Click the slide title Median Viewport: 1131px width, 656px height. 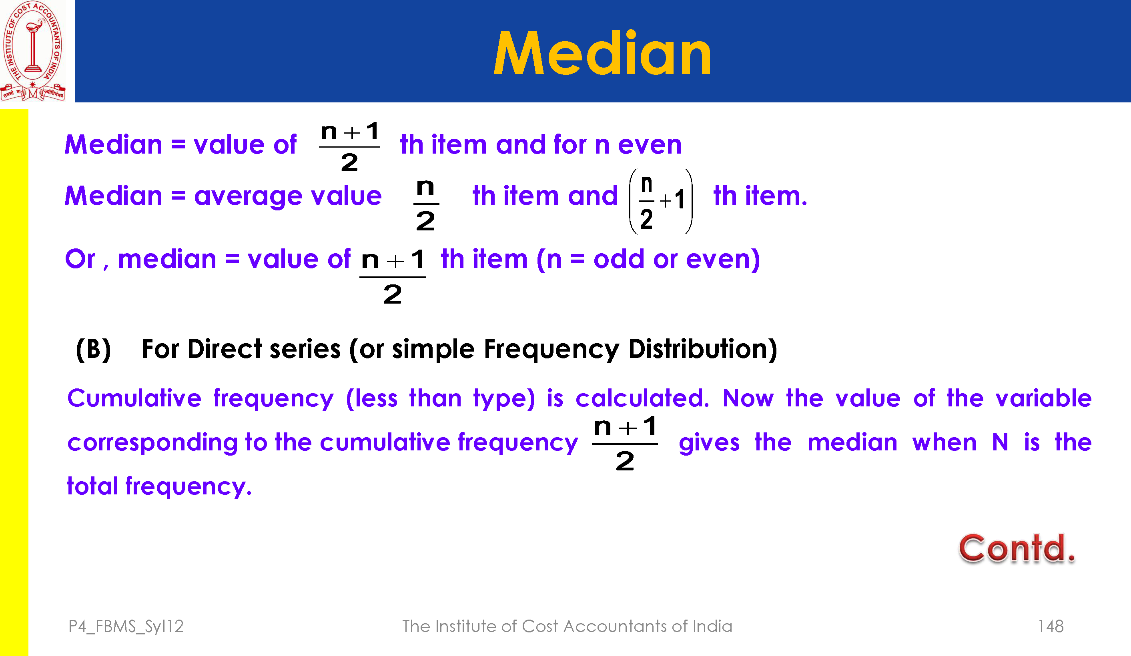[602, 52]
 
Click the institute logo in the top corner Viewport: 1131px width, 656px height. [33, 51]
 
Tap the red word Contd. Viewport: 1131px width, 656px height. [1017, 548]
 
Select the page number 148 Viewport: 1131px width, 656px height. [1051, 626]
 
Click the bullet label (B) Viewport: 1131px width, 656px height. [93, 349]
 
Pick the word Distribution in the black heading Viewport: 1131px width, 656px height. [702, 349]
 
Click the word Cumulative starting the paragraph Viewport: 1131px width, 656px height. [134, 398]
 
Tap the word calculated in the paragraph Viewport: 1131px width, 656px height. [642, 398]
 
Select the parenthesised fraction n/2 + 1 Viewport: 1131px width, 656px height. [661, 201]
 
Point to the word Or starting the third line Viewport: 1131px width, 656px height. [80, 259]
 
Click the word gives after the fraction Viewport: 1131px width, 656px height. [709, 443]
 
